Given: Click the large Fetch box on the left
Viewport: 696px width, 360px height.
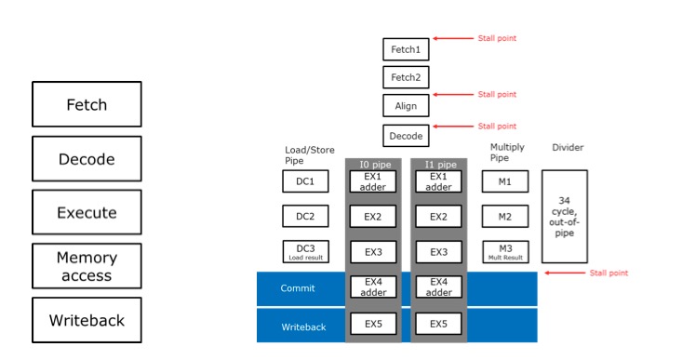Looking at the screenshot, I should (x=87, y=104).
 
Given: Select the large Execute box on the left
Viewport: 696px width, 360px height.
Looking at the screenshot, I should (x=87, y=212).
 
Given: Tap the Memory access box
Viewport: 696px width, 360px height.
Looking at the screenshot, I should (x=87, y=266).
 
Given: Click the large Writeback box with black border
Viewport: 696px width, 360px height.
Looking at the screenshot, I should (x=87, y=320).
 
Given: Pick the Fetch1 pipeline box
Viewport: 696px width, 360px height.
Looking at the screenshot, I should (x=406, y=49).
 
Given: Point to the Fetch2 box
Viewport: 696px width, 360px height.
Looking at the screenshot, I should (x=406, y=77).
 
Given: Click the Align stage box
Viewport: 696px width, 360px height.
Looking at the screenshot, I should (x=406, y=106).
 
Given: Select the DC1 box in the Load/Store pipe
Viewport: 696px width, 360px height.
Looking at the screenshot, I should (x=305, y=181).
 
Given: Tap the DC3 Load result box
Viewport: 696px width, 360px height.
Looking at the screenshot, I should (x=305, y=251).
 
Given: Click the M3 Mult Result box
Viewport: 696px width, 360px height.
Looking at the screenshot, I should (x=504, y=251).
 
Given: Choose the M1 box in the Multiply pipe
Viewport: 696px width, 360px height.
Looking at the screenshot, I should (x=504, y=181).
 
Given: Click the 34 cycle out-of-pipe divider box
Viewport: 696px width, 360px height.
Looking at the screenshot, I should (x=564, y=217).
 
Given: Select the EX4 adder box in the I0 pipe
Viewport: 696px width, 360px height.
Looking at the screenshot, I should (x=372, y=287).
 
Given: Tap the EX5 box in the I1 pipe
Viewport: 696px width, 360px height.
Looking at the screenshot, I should (x=438, y=325).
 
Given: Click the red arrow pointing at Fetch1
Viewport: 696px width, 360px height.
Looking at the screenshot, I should (x=453, y=39).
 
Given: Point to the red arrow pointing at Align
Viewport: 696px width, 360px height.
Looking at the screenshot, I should (x=453, y=95).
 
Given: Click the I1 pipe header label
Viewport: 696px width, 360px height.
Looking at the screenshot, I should (x=438, y=165).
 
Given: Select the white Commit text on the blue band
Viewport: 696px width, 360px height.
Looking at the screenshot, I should (x=298, y=288).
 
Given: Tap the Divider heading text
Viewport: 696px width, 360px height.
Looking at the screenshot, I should (x=567, y=147).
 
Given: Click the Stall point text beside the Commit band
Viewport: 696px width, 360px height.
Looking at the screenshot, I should (x=609, y=273).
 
